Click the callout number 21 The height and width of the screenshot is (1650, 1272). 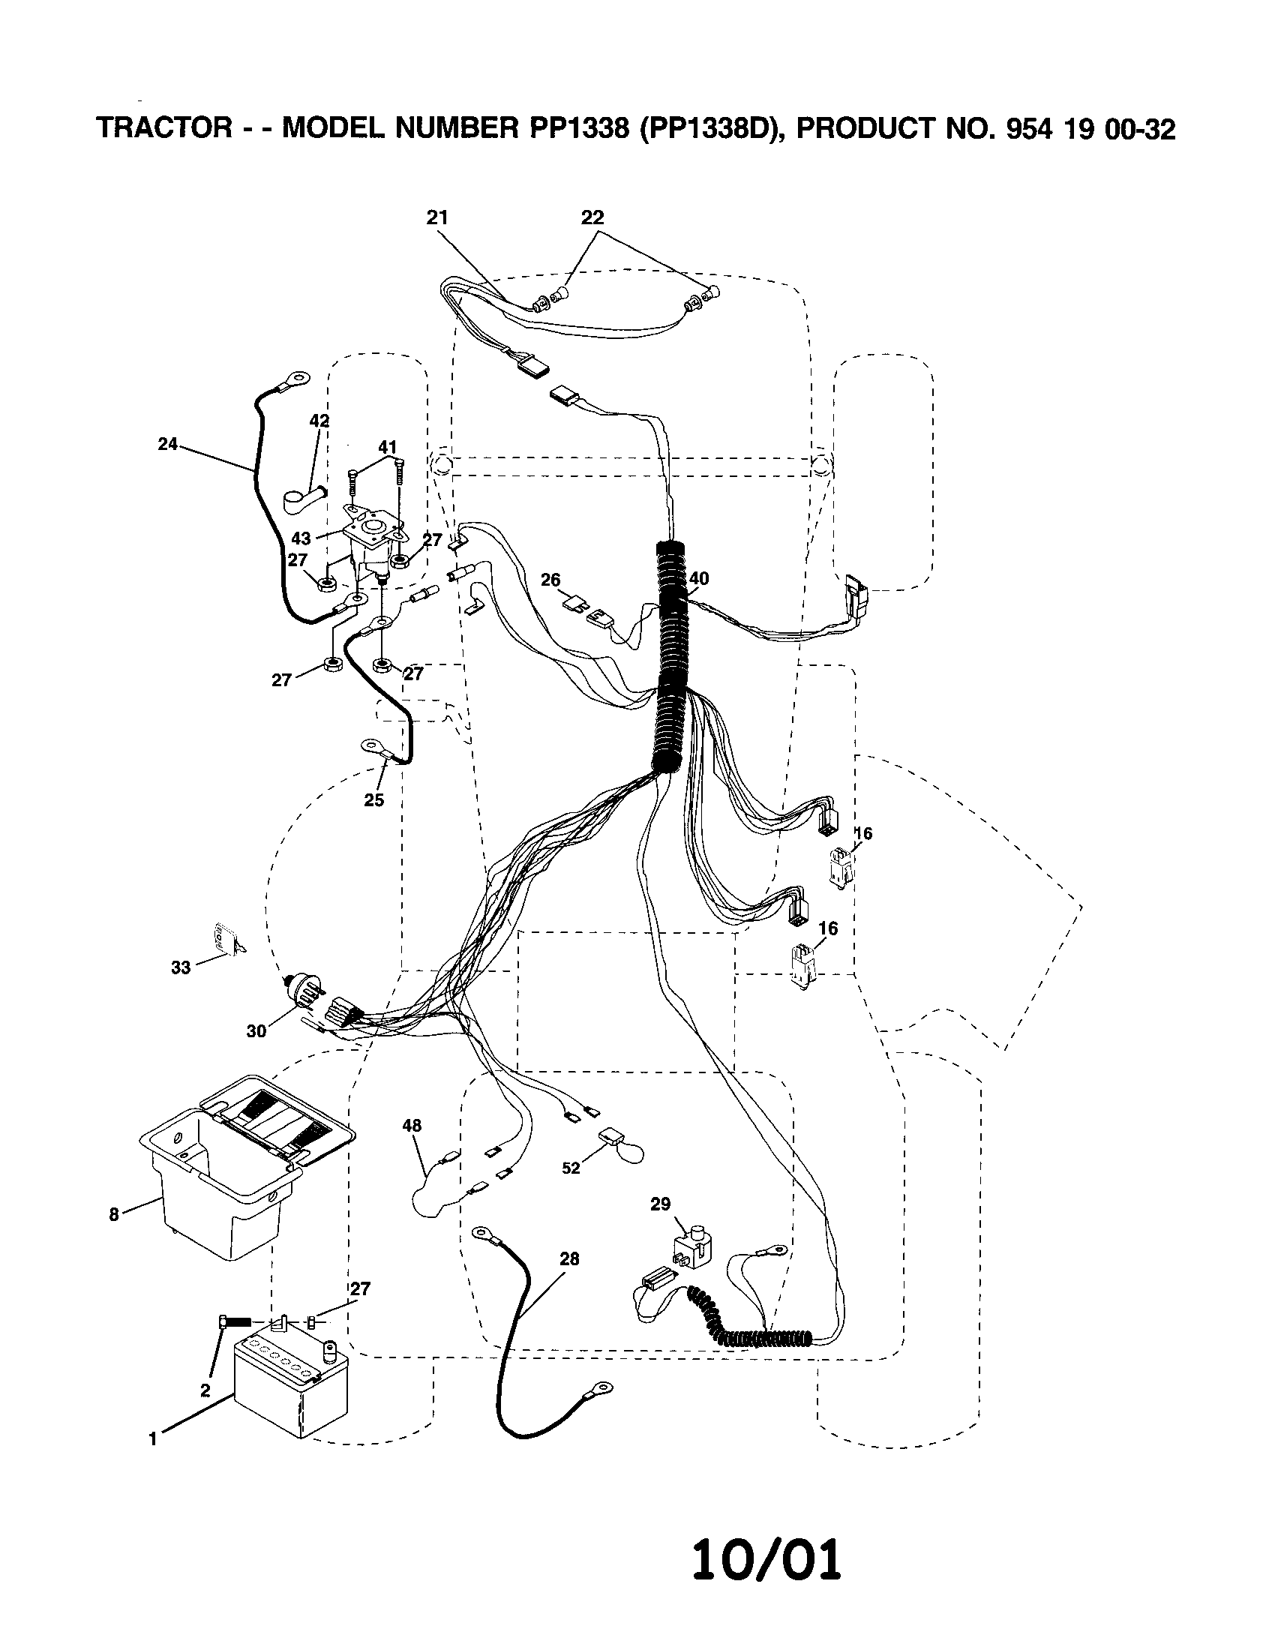pyautogui.click(x=437, y=217)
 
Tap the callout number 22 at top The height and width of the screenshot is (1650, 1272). pyautogui.click(x=592, y=217)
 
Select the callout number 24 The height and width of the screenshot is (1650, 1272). pyautogui.click(x=167, y=444)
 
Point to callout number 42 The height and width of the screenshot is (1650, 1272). pyautogui.click(x=319, y=421)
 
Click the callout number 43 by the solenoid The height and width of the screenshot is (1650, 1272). pyautogui.click(x=301, y=538)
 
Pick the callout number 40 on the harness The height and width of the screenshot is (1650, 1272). pyautogui.click(x=699, y=579)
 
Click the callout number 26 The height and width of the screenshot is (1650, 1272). pyautogui.click(x=550, y=580)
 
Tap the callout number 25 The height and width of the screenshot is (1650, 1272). pyautogui.click(x=374, y=800)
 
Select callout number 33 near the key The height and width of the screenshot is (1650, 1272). pyautogui.click(x=181, y=967)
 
